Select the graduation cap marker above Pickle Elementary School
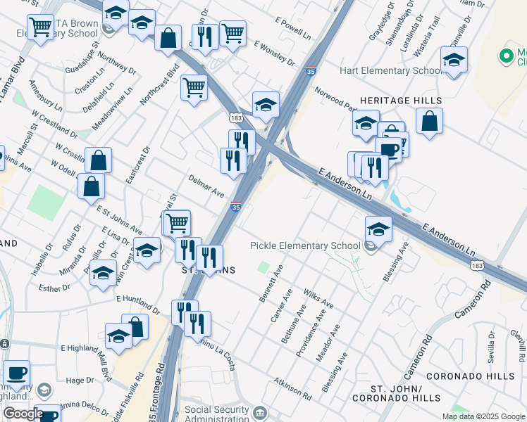(x=378, y=230)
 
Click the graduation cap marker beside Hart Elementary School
(x=454, y=61)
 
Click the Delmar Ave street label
(x=206, y=186)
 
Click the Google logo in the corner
(x=23, y=414)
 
